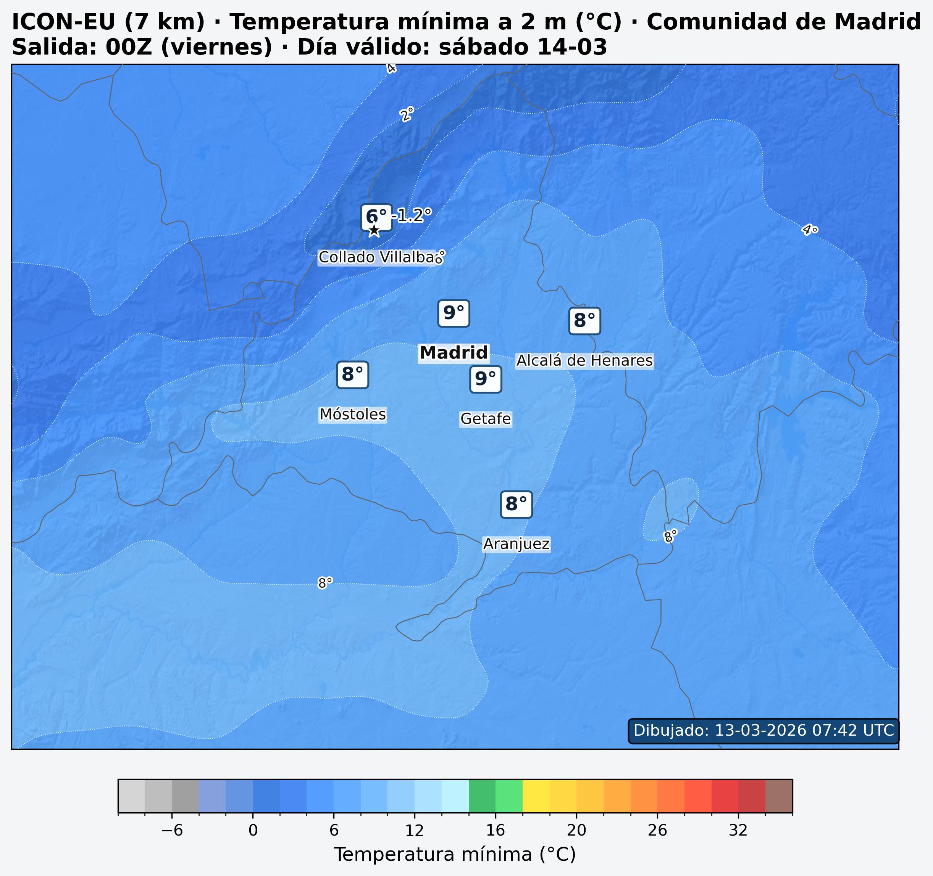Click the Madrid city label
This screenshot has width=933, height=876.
point(454,353)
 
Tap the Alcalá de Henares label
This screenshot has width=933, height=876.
point(584,361)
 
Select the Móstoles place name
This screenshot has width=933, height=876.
point(352,415)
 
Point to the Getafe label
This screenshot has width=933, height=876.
point(485,419)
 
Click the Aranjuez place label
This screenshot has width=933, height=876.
point(516,544)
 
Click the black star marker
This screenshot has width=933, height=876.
point(374,230)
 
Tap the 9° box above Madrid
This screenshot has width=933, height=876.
point(454,313)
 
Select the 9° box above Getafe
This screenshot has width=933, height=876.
point(485,379)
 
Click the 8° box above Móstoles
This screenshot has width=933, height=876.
point(352,375)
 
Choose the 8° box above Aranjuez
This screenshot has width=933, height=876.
point(516,505)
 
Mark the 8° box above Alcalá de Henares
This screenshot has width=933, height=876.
point(584,321)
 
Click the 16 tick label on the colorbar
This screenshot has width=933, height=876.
point(495,831)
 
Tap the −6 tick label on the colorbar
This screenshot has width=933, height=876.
point(171,831)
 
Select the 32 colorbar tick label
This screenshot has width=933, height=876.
point(738,831)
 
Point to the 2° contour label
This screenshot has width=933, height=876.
point(407,114)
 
